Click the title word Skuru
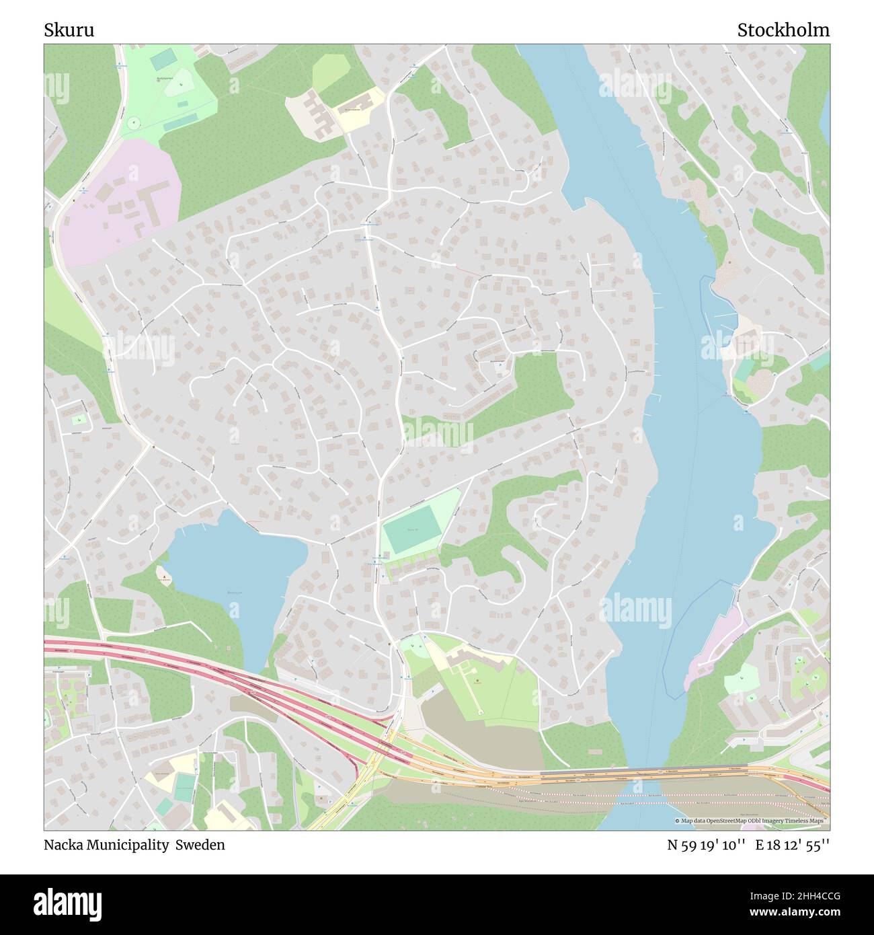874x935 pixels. pos(69,30)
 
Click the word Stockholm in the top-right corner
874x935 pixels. pos(783,30)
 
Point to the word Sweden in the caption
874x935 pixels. pos(200,845)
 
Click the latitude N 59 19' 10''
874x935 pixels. pos(706,845)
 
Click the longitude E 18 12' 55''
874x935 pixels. pos(792,845)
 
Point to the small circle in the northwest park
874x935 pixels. pos(134,123)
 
